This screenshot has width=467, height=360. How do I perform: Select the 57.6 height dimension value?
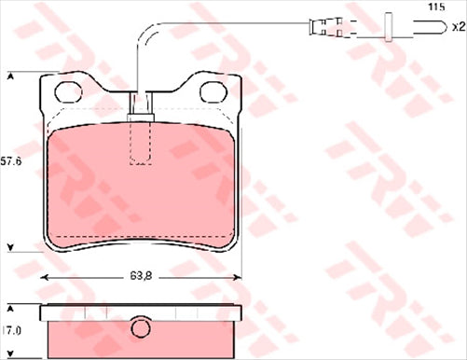click(10, 160)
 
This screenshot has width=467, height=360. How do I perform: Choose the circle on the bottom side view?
click(141, 329)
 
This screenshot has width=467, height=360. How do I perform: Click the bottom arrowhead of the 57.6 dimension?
click(10, 247)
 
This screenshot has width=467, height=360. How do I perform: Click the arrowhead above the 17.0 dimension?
click(10, 308)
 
